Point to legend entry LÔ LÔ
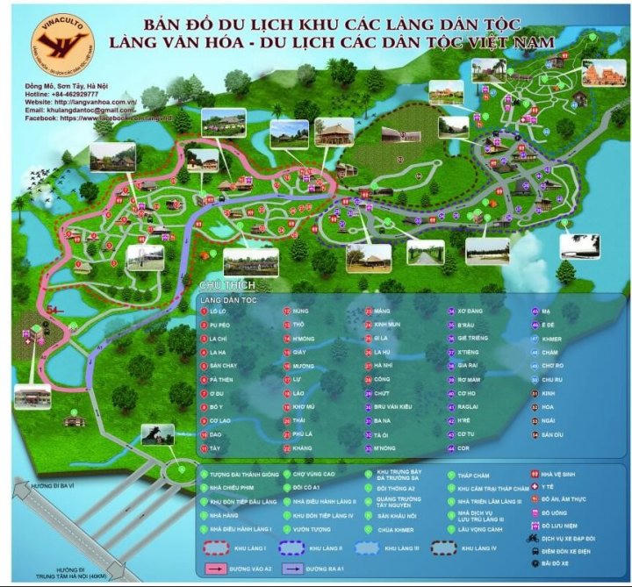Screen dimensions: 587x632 pyautogui.click(x=218, y=311)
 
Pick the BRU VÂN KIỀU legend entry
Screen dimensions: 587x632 pyautogui.click(x=395, y=407)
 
